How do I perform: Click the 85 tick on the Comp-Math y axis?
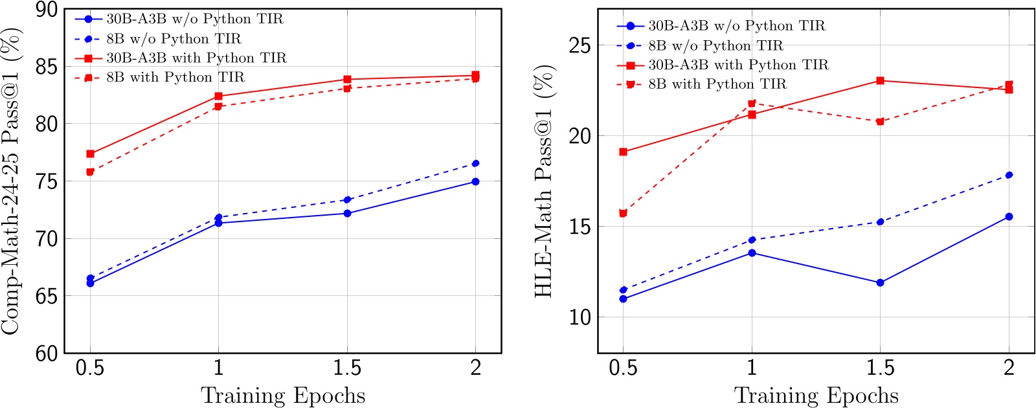coord(47,67)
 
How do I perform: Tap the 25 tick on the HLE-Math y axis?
coord(580,45)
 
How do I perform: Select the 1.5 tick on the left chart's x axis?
coord(347,368)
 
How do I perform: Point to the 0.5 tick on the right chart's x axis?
coord(623,368)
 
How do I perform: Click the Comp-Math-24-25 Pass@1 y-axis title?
coord(11,181)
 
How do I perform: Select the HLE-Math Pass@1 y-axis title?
coord(544,181)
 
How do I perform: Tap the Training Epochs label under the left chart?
coord(283,396)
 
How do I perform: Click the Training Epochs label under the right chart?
coord(816,396)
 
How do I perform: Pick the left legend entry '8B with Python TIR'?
coord(175,78)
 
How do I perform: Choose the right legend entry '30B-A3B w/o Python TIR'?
coord(736,26)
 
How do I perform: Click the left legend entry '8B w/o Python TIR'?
coord(174,39)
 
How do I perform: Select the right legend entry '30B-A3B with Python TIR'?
coord(738,65)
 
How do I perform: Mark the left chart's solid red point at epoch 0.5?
coord(90,154)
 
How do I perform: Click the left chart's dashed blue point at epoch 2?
coord(476,163)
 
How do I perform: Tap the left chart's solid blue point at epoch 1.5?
coord(347,213)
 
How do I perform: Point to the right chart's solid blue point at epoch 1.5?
coord(880,282)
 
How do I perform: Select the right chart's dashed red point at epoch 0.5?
coord(623,213)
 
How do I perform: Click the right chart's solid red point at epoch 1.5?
coord(880,80)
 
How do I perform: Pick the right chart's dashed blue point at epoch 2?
coord(1009,175)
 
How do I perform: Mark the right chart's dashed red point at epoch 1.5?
coord(880,122)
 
